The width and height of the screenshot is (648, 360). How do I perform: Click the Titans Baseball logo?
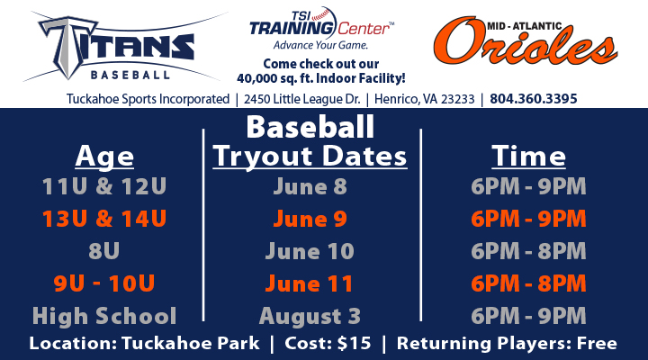coord(120,47)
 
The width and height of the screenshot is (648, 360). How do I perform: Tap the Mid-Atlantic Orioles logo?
coord(526,41)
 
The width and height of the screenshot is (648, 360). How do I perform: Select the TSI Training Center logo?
coord(321,28)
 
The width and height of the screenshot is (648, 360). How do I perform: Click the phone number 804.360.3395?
coord(533,99)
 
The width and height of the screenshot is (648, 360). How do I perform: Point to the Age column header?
coord(104,157)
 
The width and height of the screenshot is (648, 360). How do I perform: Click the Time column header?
coord(528,156)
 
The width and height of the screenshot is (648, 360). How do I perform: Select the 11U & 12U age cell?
coord(104,186)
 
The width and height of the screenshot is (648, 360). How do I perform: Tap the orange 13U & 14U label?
coord(104,218)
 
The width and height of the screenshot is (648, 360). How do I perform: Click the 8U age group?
coord(104,250)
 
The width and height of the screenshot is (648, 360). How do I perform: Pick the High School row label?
coord(104,316)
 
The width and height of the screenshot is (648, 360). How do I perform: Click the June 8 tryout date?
coord(310,186)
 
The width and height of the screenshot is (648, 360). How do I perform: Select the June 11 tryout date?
coord(309,283)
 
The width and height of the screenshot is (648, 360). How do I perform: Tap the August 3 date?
coord(310,316)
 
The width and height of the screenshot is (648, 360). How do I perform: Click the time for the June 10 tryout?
coord(528,251)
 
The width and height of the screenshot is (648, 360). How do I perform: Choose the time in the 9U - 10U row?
coord(528,283)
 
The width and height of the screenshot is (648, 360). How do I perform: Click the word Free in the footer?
coord(597,344)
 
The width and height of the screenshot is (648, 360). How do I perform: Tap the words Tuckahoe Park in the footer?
coord(191,344)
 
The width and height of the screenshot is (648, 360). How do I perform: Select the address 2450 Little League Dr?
coord(302,99)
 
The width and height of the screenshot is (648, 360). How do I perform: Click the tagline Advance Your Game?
coord(320,45)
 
